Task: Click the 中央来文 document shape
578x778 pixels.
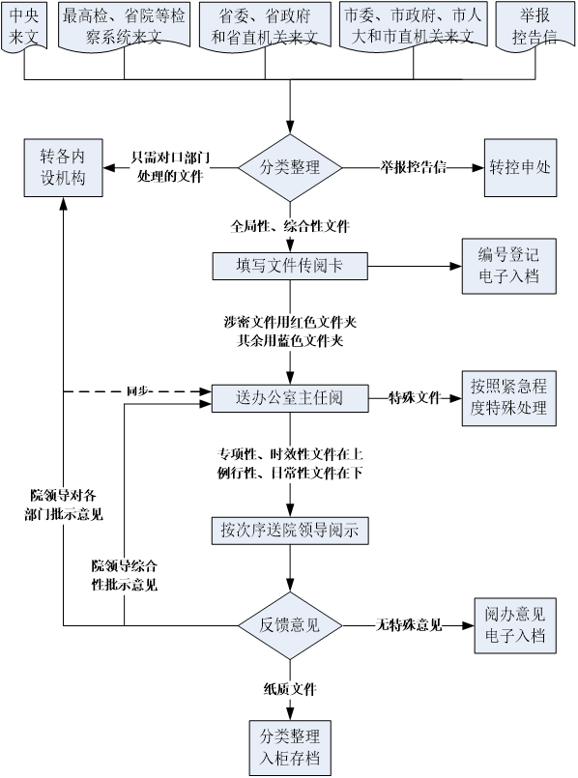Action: pyautogui.click(x=24, y=26)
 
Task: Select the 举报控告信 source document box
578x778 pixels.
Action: pyautogui.click(x=535, y=26)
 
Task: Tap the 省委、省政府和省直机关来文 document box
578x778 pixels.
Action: pyautogui.click(x=265, y=26)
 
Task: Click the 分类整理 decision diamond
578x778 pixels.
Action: pyautogui.click(x=290, y=168)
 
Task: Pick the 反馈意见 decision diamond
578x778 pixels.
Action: pyautogui.click(x=290, y=625)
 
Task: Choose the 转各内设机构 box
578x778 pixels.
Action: pyautogui.click(x=64, y=168)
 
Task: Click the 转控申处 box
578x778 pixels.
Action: pyautogui.click(x=520, y=168)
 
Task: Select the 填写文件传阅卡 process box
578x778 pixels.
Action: pyautogui.click(x=290, y=266)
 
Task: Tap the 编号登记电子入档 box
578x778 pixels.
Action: pyautogui.click(x=509, y=266)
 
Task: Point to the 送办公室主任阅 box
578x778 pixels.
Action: pyautogui.click(x=290, y=398)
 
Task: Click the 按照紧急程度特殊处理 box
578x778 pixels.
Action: pyautogui.click(x=509, y=398)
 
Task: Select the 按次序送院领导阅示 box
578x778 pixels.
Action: pyautogui.click(x=290, y=531)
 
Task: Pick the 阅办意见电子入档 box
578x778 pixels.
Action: pyautogui.click(x=515, y=625)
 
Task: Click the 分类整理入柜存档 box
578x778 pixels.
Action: pyautogui.click(x=290, y=748)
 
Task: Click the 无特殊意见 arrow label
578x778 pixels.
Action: pyautogui.click(x=409, y=625)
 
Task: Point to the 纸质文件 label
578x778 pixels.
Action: pyautogui.click(x=290, y=689)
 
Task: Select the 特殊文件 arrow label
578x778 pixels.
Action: pyautogui.click(x=415, y=397)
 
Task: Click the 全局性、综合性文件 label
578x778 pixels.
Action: pyautogui.click(x=290, y=226)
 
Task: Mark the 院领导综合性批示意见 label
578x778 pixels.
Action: pyautogui.click(x=125, y=576)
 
